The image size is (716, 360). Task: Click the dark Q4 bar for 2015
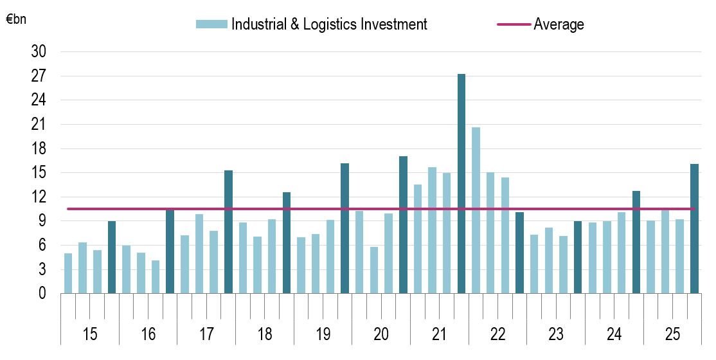112,257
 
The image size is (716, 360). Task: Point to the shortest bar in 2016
156,277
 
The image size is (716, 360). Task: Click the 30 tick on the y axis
39,52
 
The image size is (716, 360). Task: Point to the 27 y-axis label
39,76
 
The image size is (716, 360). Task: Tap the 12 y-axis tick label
39,197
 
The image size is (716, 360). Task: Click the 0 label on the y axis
42,294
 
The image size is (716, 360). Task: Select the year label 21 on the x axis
439,335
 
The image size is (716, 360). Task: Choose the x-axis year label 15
90,335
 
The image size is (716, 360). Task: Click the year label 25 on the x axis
672,335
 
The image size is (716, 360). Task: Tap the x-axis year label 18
265,335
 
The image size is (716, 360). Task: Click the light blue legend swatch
211,24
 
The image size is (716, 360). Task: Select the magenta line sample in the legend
514,24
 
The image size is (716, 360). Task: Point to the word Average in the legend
559,24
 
